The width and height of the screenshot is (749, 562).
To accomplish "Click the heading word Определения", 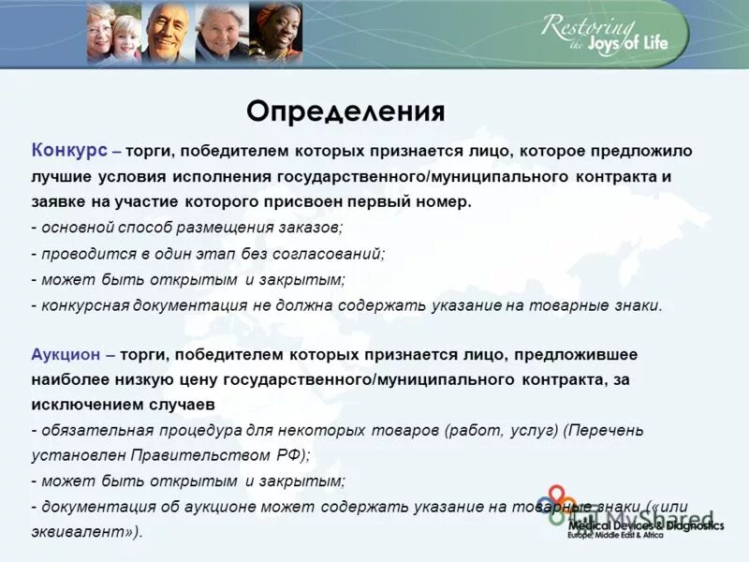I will tap(345, 111).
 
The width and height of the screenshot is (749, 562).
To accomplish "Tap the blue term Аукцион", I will tap(69, 354).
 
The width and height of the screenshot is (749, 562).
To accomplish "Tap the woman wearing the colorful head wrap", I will tap(276, 34).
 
